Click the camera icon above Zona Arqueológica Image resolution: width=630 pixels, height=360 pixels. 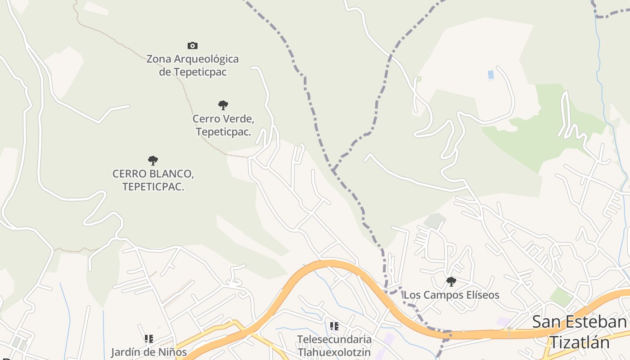pyautogui.click(x=193, y=45)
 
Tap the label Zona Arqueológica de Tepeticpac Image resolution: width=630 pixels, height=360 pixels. pyautogui.click(x=193, y=65)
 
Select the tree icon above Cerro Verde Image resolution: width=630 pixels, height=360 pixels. pyautogui.click(x=223, y=105)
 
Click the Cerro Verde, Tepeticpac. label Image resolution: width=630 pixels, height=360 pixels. pyautogui.click(x=223, y=126)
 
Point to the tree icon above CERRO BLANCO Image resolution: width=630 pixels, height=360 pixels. pyautogui.click(x=153, y=160)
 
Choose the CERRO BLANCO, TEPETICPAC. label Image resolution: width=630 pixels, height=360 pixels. pyautogui.click(x=153, y=180)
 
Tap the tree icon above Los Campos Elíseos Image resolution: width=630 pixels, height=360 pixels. pyautogui.click(x=451, y=282)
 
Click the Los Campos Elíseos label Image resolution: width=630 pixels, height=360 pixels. pyautogui.click(x=451, y=295)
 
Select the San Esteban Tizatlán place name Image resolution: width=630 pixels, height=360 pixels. pyautogui.click(x=580, y=332)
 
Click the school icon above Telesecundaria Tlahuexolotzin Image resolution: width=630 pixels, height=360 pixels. pyautogui.click(x=334, y=326)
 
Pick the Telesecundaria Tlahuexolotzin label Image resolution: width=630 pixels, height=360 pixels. pyautogui.click(x=334, y=345)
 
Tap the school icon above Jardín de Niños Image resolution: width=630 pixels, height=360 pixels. pyautogui.click(x=149, y=338)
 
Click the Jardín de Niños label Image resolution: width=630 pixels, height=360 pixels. pyautogui.click(x=149, y=351)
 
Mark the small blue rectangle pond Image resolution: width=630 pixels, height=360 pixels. pyautogui.click(x=490, y=75)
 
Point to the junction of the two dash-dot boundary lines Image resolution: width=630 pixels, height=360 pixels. pyautogui.click(x=333, y=171)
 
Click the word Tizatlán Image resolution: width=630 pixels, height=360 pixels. pyautogui.click(x=580, y=343)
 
